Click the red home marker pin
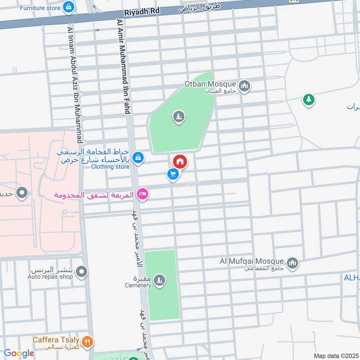click(x=180, y=161)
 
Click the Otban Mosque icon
click(x=244, y=85)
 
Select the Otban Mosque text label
click(x=210, y=84)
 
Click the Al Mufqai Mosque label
click(x=252, y=261)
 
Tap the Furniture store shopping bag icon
click(x=68, y=7)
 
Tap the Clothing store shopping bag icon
click(x=139, y=157)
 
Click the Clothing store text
click(x=110, y=167)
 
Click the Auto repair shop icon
click(x=81, y=272)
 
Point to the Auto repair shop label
click(x=50, y=277)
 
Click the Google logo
click(x=19, y=353)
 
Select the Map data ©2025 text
click(x=335, y=355)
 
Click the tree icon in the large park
click(x=179, y=117)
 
